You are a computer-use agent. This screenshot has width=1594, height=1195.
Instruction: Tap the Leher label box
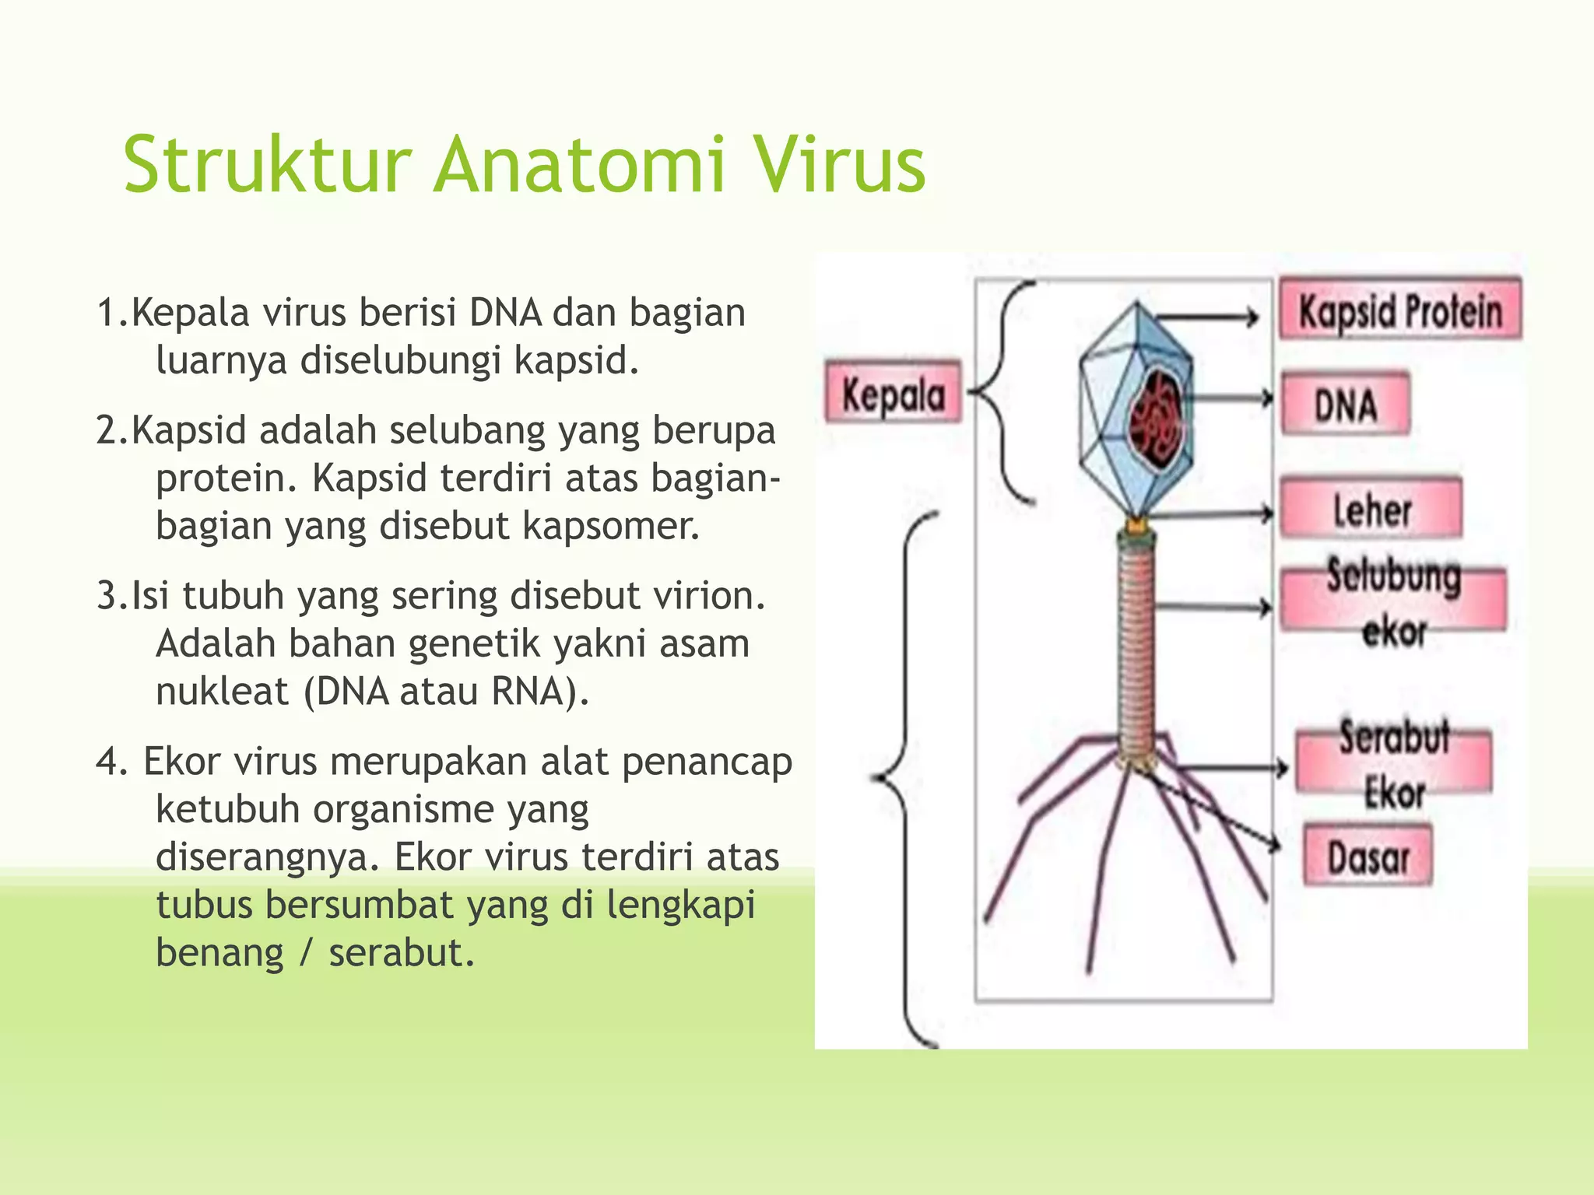pos(1371,510)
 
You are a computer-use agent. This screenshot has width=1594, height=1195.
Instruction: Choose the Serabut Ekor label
pos(1393,763)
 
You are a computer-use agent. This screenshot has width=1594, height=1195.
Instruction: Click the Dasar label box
pos(1368,857)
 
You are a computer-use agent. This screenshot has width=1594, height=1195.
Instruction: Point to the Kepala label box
pos(894,393)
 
